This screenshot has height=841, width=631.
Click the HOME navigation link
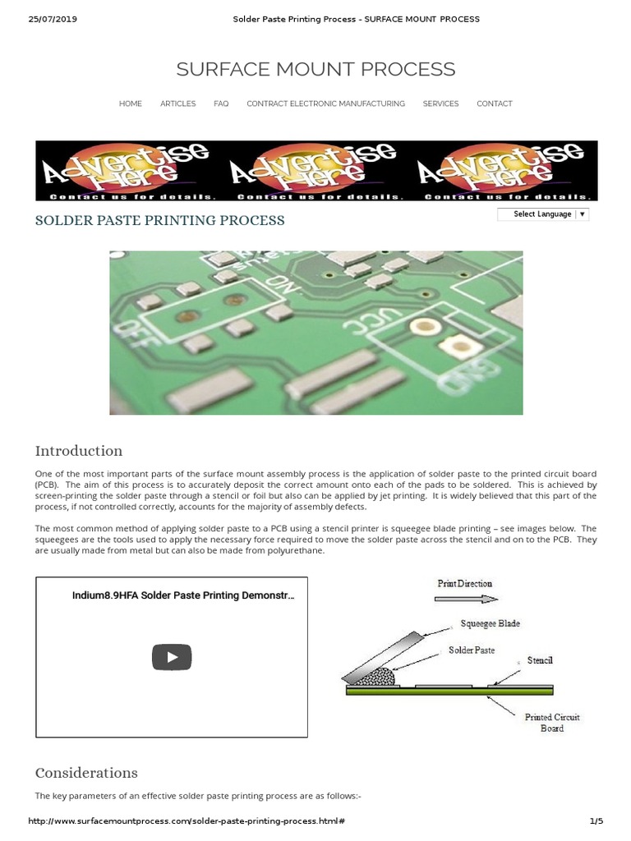coord(130,103)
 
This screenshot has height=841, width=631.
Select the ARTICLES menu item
coord(177,103)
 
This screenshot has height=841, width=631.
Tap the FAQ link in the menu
coord(221,103)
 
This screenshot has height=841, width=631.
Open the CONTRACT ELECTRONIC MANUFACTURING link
coord(325,103)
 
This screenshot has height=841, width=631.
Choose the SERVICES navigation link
coord(440,103)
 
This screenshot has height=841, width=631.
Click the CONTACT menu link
coord(494,103)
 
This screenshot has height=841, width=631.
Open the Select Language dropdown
coord(543,214)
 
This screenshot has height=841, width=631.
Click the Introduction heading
coord(78,451)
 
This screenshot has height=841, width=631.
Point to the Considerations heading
coord(86,773)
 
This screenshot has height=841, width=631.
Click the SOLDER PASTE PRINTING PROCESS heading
coord(159,220)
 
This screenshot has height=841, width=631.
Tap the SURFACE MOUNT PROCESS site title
coord(315,69)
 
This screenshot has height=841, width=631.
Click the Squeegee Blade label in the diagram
coord(490,623)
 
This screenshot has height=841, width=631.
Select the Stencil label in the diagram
coord(539,660)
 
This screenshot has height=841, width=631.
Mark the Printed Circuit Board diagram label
coord(552,723)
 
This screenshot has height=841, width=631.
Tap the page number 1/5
coord(596,821)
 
